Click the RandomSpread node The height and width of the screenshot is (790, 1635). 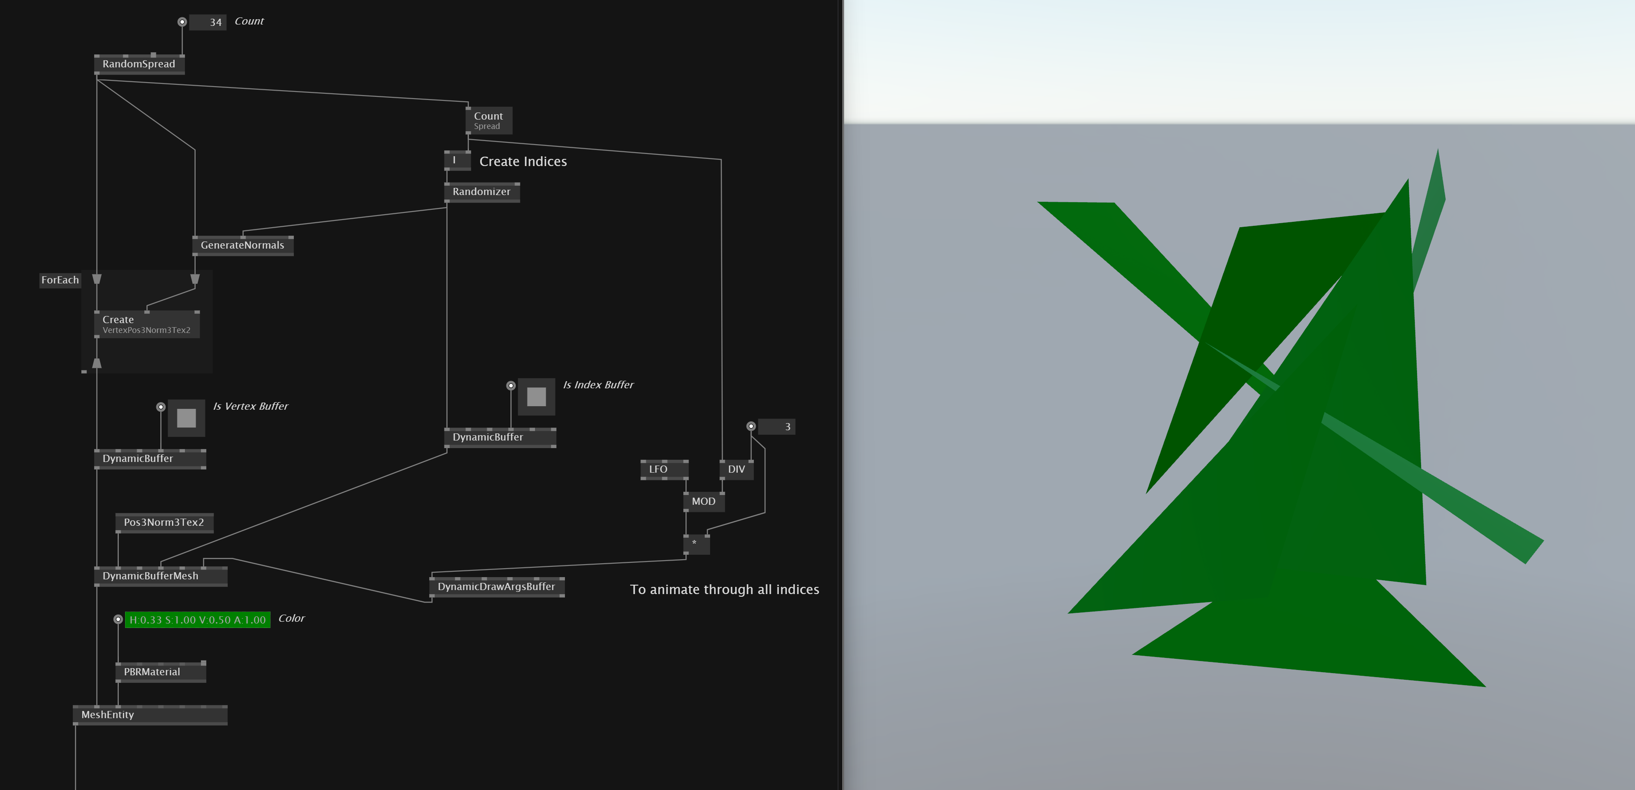[x=139, y=64]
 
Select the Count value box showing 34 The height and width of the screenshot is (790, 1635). [x=208, y=22]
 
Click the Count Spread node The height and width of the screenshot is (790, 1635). [x=488, y=121]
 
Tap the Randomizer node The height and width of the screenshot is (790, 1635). [x=481, y=191]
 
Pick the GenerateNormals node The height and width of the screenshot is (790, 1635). [x=243, y=245]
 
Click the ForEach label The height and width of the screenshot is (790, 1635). [x=60, y=280]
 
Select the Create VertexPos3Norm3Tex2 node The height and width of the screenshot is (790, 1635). [x=146, y=324]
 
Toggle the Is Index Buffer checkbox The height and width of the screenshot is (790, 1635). [x=536, y=397]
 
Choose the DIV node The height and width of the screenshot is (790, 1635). [x=736, y=470]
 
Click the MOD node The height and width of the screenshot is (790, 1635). [x=703, y=501]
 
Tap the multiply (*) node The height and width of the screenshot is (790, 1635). [x=696, y=544]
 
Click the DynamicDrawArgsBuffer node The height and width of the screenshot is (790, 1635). [x=496, y=587]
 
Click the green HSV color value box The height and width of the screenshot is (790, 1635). [x=197, y=620]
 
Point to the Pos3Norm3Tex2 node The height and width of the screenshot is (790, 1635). [x=164, y=522]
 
